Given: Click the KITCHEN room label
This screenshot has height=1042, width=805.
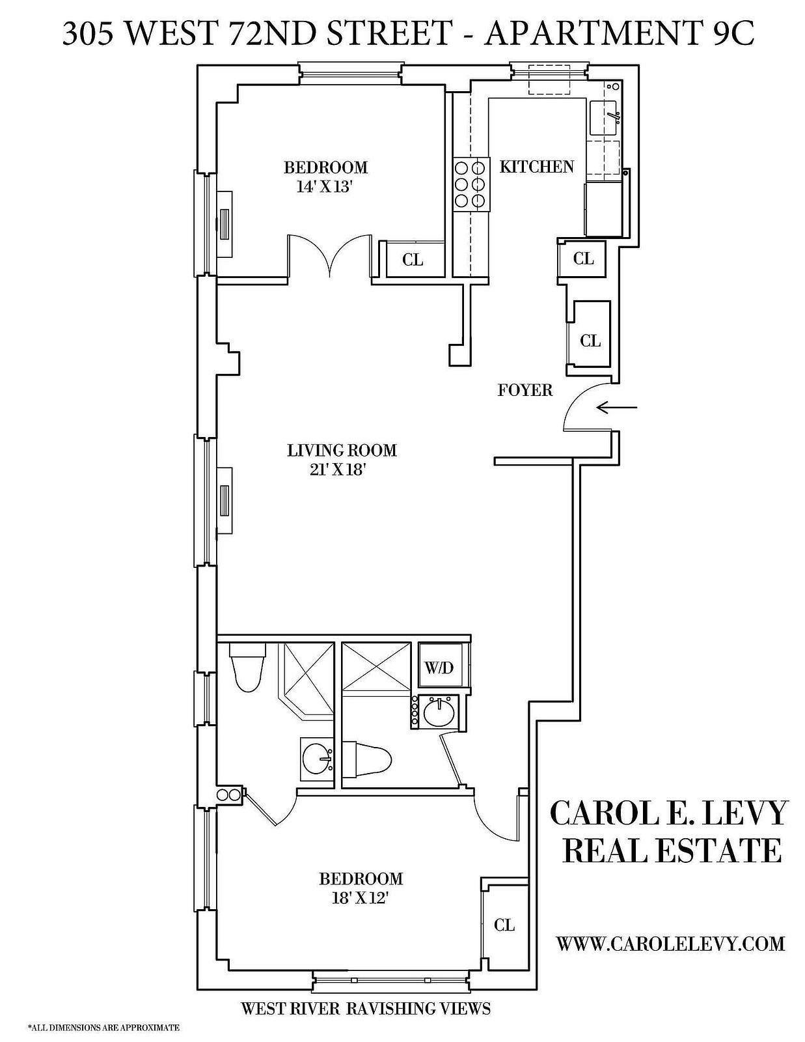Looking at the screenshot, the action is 537,166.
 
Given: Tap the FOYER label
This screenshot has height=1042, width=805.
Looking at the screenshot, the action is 525,390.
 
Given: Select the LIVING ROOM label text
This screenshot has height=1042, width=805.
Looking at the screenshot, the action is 342,451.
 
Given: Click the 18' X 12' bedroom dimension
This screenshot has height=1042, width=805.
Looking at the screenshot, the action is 361,899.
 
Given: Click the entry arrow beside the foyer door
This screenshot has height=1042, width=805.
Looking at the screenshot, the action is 617,408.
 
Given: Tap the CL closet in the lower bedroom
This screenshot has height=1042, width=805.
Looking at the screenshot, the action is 504,925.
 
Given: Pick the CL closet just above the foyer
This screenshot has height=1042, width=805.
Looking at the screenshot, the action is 590,341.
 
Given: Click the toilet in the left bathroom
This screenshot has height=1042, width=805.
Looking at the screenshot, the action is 247,667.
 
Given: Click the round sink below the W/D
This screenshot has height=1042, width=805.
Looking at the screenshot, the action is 439,712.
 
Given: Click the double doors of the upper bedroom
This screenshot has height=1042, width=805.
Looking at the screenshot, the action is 330,257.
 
